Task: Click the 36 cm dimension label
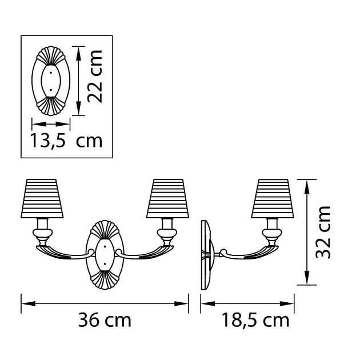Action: click(x=105, y=320)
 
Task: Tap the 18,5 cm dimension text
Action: click(x=255, y=320)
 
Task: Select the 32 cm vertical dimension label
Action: click(x=323, y=233)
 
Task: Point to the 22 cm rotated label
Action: click(x=95, y=76)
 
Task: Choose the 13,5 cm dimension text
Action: click(x=66, y=141)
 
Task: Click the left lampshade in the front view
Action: click(x=42, y=199)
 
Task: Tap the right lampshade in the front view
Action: click(x=168, y=199)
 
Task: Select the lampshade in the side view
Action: click(x=273, y=199)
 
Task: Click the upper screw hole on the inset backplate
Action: click(x=51, y=73)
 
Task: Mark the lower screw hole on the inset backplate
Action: click(x=51, y=90)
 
